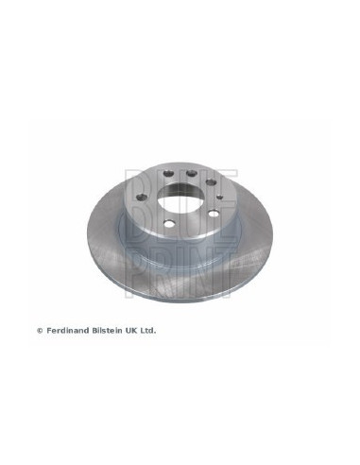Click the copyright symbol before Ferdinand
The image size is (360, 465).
[x=40, y=331]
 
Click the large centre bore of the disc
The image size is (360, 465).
[x=180, y=198]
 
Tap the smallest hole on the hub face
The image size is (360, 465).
[x=220, y=197]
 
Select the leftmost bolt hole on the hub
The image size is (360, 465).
[x=142, y=198]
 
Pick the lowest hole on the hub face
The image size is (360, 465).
[x=169, y=224]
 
